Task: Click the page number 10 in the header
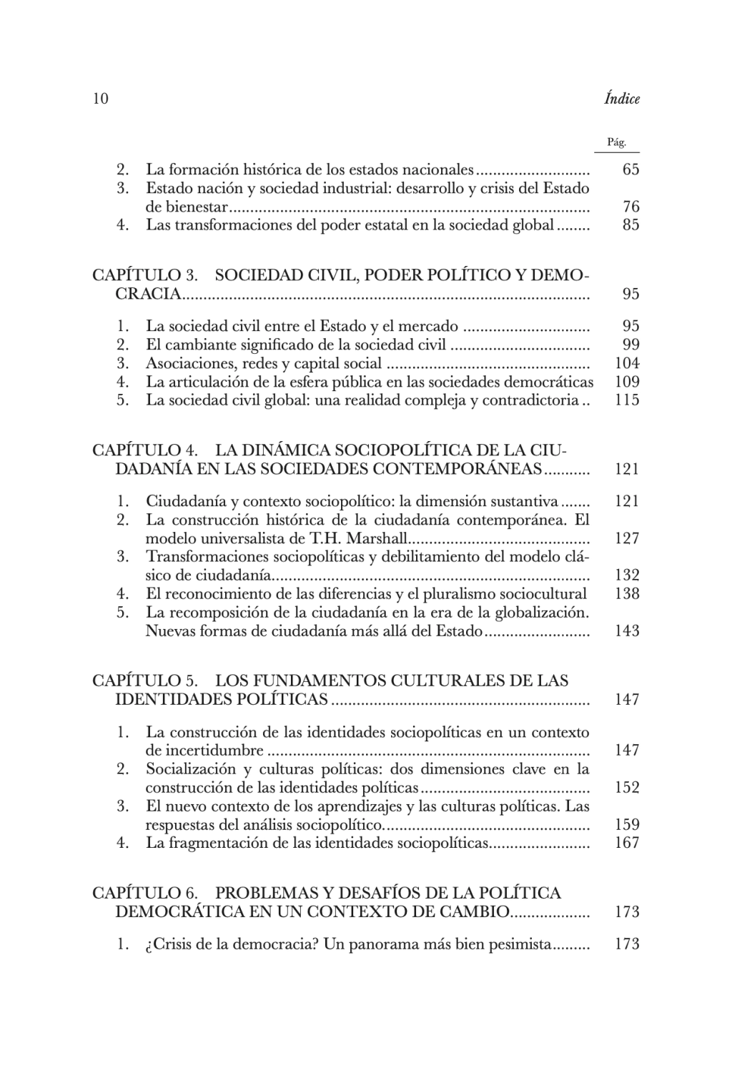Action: pos(100,99)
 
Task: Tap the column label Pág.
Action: pos(616,142)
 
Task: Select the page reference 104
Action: pos(627,363)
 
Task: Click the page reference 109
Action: pos(627,382)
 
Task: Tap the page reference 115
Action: pos(627,400)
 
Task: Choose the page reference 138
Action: pos(627,593)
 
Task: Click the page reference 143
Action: pos(627,631)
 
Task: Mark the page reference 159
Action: pos(627,824)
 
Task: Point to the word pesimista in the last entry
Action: pos(520,944)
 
